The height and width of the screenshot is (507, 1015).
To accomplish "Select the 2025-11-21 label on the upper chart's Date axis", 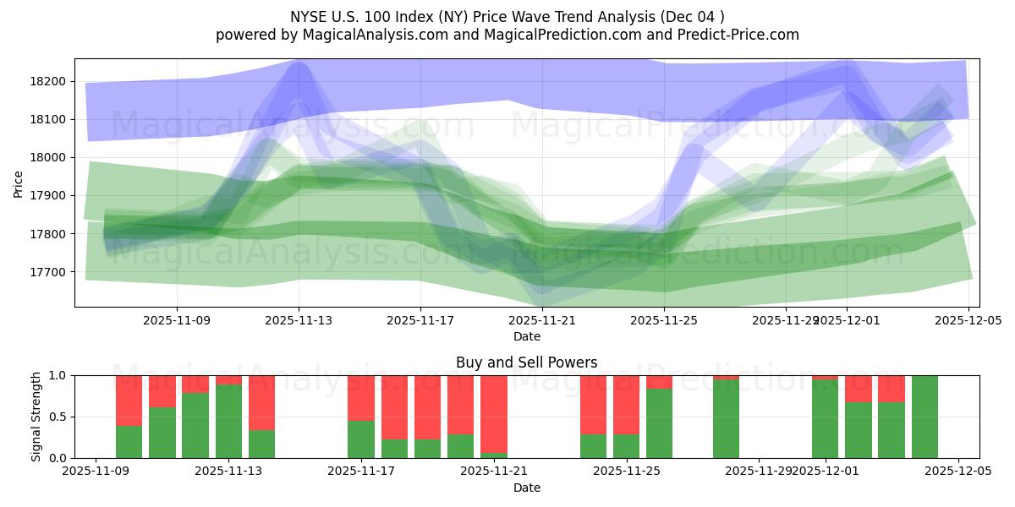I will (542, 320).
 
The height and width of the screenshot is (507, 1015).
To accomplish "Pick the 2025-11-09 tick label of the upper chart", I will (177, 320).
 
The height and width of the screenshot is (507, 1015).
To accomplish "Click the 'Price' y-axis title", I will (19, 183).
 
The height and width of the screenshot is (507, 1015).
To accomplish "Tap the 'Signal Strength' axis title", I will (36, 417).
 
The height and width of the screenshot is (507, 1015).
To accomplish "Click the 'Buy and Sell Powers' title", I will (526, 363).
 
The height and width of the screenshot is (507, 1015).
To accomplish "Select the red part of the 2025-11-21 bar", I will (494, 401).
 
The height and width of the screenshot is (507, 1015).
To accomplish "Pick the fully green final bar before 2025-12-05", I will (924, 417).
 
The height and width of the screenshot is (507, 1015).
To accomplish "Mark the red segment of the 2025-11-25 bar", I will (627, 404).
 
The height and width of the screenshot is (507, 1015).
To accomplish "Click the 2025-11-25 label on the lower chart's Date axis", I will (627, 472).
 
